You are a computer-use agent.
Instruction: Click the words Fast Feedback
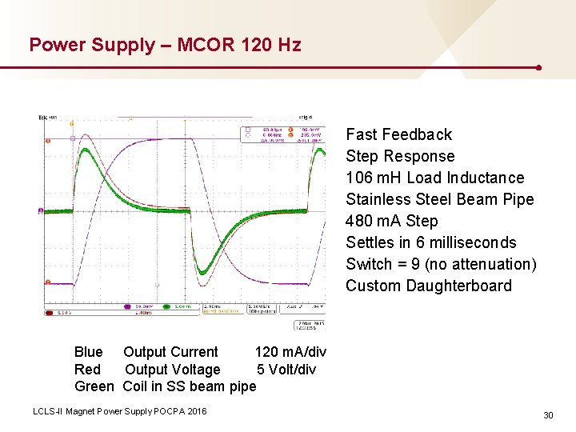point(398,134)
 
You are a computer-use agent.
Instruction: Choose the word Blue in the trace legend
point(88,352)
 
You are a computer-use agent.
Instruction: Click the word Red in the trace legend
point(87,370)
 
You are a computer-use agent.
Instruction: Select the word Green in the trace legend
point(94,387)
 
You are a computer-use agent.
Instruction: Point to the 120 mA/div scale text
point(290,352)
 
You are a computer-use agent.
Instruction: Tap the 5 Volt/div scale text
point(286,370)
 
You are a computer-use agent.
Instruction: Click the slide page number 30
point(548,415)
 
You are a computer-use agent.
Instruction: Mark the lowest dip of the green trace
point(203,271)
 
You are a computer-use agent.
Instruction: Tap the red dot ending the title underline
point(539,68)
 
